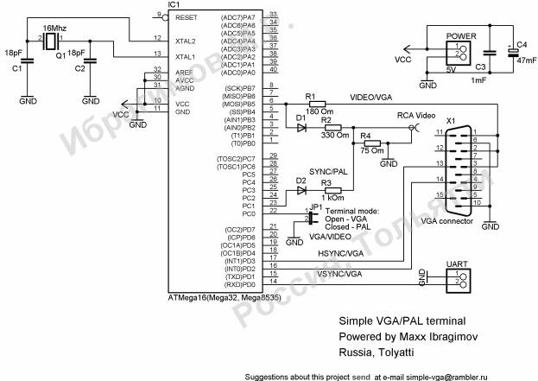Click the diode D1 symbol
click(301, 127)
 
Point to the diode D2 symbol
click(301, 189)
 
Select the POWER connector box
click(456, 54)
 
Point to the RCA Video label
click(416, 115)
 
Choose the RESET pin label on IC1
click(186, 16)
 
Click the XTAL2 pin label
click(186, 41)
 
